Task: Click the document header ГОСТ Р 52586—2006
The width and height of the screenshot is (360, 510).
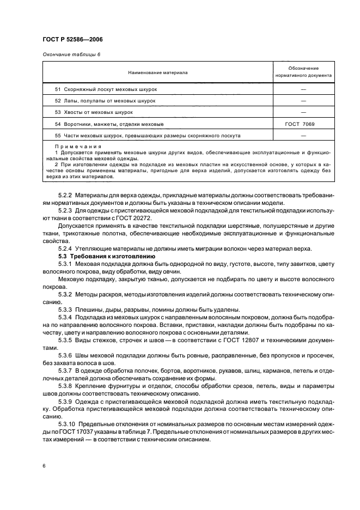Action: [x=72, y=39]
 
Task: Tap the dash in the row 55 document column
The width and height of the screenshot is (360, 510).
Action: [x=303, y=136]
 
